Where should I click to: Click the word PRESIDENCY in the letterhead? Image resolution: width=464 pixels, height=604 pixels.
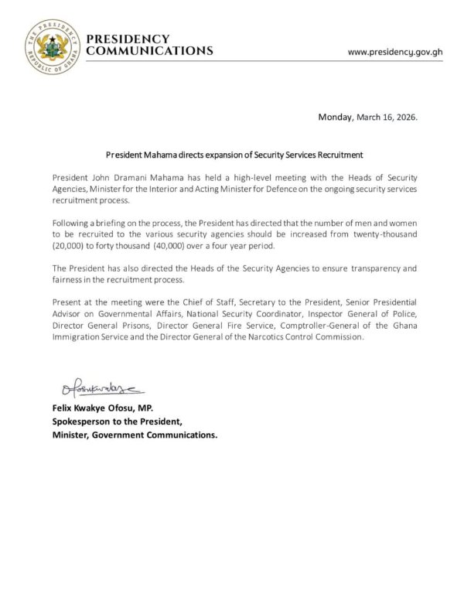click(x=128, y=39)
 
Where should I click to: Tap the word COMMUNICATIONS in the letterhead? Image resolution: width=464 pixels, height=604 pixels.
click(x=150, y=51)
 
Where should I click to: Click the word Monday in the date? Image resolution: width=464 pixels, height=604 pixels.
click(x=335, y=118)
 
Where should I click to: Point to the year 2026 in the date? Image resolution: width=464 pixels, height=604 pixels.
click(x=405, y=118)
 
